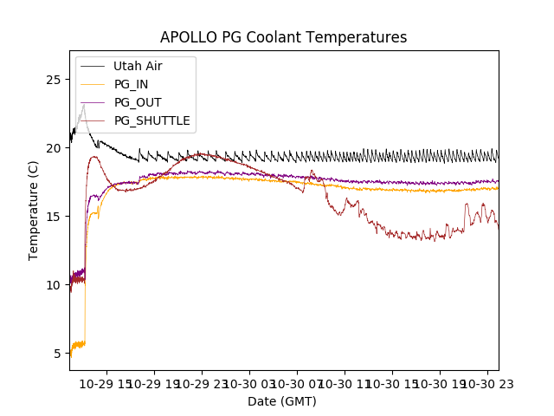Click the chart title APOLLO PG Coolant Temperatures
click(x=283, y=37)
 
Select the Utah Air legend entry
click(x=138, y=66)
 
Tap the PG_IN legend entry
click(x=131, y=84)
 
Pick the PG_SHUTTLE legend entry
click(x=151, y=120)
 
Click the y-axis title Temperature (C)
click(x=34, y=211)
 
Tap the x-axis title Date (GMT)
click(x=282, y=401)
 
